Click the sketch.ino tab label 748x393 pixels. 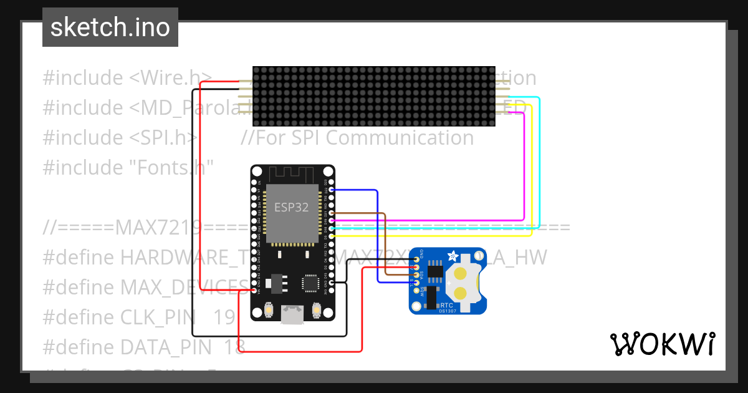pos(110,27)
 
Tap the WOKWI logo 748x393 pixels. pos(662,344)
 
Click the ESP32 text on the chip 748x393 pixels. pos(292,208)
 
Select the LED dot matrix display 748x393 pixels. pos(373,96)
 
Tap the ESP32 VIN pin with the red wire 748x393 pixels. pos(254,290)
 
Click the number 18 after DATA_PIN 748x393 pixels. pos(234,347)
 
